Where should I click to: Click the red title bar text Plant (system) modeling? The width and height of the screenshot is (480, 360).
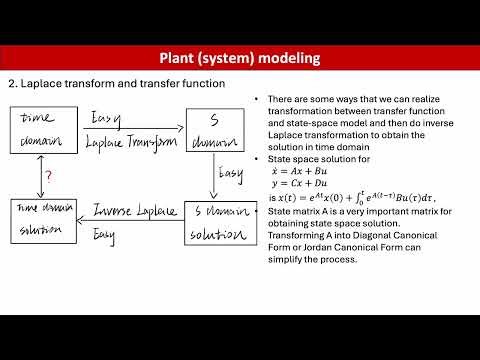tap(239, 58)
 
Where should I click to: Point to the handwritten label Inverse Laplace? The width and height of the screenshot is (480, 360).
tap(135, 211)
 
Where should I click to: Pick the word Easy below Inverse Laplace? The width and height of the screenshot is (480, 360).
tap(104, 234)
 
